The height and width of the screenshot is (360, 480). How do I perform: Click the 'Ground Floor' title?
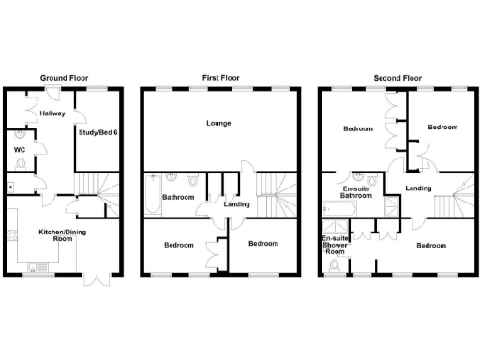click(x=64, y=77)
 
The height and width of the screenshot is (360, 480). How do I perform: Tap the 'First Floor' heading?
click(x=221, y=77)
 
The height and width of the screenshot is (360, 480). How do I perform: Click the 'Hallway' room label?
click(x=52, y=113)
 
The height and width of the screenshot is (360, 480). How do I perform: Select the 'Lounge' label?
click(x=220, y=124)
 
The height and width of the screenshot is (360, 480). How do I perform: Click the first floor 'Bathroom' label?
click(x=177, y=198)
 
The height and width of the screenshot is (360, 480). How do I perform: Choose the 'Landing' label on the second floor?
click(x=418, y=188)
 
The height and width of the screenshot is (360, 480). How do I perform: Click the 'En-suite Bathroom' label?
click(x=357, y=192)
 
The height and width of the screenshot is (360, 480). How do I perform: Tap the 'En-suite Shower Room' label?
click(x=334, y=247)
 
